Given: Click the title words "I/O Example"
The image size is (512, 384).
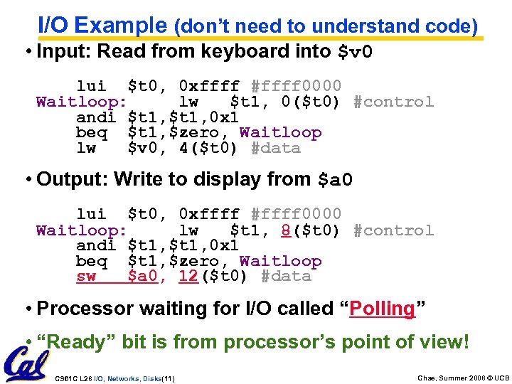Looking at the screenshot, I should point(102,26).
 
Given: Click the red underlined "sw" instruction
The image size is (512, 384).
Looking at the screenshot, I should point(86,277).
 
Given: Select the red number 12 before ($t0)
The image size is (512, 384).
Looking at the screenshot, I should point(188,277).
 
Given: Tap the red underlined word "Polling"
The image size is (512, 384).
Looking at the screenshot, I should point(382,309).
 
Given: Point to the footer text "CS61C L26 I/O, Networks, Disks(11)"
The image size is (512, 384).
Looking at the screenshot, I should point(115,378).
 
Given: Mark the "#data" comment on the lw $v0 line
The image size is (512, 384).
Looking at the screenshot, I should point(276,149).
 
